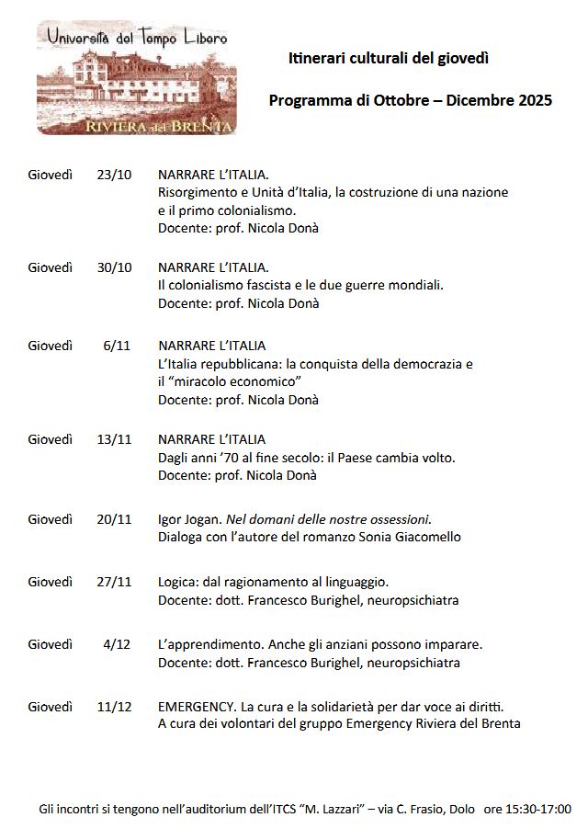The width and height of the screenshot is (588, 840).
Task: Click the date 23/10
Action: coord(114,175)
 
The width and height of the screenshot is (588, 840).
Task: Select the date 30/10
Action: coord(114,267)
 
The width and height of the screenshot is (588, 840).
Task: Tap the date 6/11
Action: coord(118,346)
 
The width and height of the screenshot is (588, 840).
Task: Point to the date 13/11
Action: coord(114,439)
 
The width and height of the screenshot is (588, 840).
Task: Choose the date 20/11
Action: coord(114,519)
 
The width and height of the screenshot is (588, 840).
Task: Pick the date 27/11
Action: coord(114,582)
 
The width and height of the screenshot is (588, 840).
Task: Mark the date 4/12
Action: coord(118,644)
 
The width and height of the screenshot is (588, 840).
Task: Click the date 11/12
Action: coord(114,707)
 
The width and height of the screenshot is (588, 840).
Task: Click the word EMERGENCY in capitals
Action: coord(196,707)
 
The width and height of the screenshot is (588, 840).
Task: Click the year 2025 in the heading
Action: coord(535,100)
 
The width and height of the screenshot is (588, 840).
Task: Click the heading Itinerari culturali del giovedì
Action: coord(389,58)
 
